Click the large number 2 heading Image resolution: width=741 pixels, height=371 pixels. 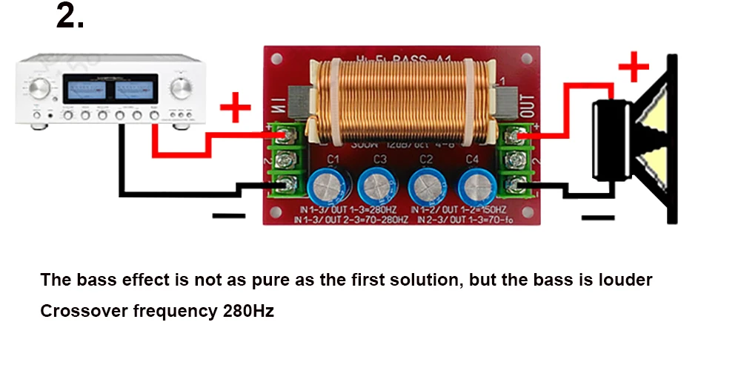pos(70,16)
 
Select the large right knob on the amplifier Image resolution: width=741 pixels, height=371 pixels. pos(180,88)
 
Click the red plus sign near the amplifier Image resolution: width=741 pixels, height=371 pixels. pos(236,110)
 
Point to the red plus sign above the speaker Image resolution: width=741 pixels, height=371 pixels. pos(633,68)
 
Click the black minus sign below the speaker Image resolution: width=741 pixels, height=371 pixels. pos(598,217)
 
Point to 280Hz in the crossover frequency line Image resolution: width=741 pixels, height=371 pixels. pos(247,311)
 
